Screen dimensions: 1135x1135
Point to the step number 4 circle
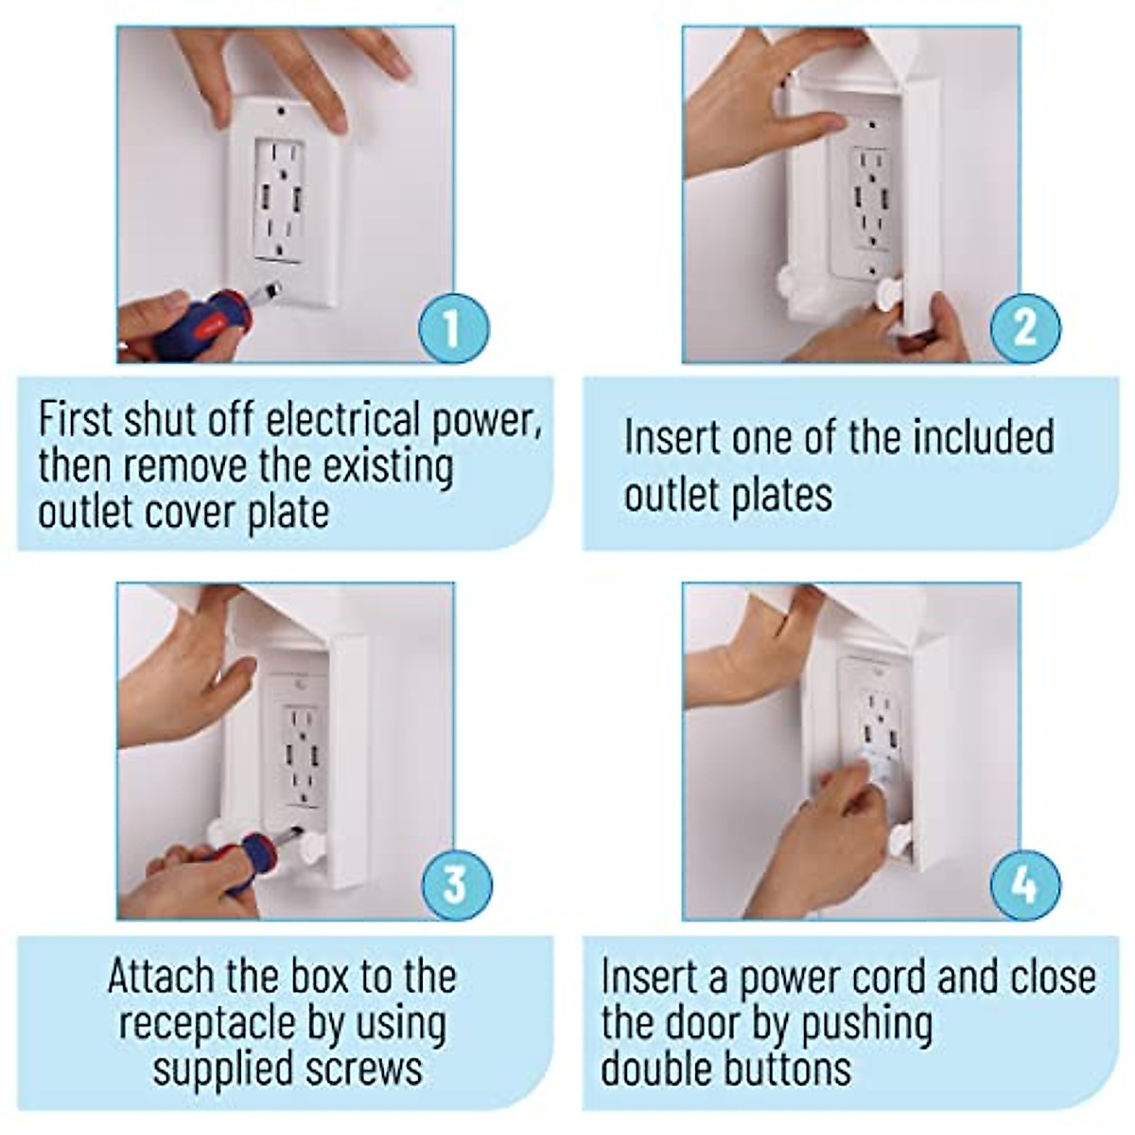1025,883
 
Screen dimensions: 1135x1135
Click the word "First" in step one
72,419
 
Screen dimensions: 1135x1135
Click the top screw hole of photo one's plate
281,112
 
